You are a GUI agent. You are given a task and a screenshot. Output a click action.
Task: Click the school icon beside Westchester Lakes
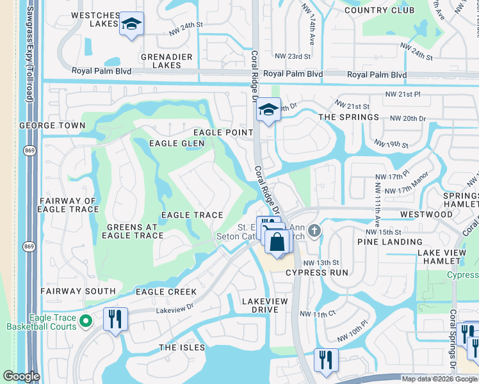[x=132, y=24]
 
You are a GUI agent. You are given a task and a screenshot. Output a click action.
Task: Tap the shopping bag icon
[x=278, y=243]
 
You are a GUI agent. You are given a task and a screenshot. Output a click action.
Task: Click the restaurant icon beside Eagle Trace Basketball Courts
[x=115, y=319]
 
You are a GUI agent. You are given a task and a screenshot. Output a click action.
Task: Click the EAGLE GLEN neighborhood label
[x=177, y=143]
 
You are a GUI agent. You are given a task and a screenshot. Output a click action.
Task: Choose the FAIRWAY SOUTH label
[x=77, y=291]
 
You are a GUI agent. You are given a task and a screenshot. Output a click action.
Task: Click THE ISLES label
[x=182, y=348]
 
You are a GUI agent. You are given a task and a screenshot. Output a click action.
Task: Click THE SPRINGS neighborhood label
[x=348, y=117]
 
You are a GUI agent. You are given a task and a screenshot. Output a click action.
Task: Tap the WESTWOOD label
[x=426, y=214]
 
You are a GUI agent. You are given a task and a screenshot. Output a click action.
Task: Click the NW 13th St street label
[x=320, y=263]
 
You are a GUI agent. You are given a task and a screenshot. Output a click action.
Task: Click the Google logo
[x=21, y=376]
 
